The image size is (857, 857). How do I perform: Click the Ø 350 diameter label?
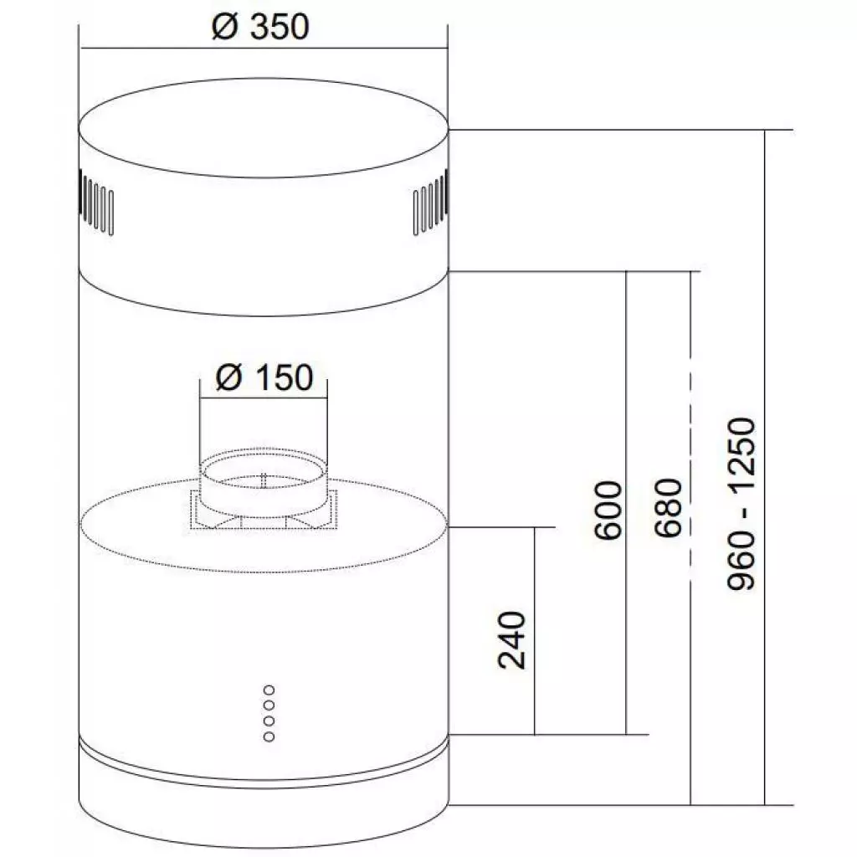point(260,27)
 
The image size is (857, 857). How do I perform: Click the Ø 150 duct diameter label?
point(264,377)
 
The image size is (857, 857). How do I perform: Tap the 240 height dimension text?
point(512,640)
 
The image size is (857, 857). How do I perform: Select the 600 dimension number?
point(608,511)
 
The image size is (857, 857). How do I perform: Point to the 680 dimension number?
point(669,508)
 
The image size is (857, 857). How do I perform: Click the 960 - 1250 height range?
point(742,503)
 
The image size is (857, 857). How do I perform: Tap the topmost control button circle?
point(269,690)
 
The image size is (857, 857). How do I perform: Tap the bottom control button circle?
point(269,736)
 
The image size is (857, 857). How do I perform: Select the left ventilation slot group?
point(97,203)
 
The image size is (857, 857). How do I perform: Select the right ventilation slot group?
point(431,203)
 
